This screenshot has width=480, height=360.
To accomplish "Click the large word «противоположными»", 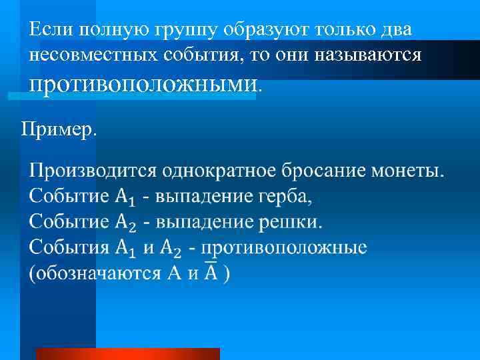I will [x=143, y=83].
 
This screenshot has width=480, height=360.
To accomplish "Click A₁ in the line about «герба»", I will [x=125, y=197].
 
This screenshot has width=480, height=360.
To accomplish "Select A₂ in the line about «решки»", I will [x=125, y=222].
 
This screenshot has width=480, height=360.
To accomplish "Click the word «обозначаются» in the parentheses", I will [x=93, y=273].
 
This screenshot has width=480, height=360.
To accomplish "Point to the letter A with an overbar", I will [x=211, y=272].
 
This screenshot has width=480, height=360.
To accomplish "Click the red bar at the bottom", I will [x=127, y=354].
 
